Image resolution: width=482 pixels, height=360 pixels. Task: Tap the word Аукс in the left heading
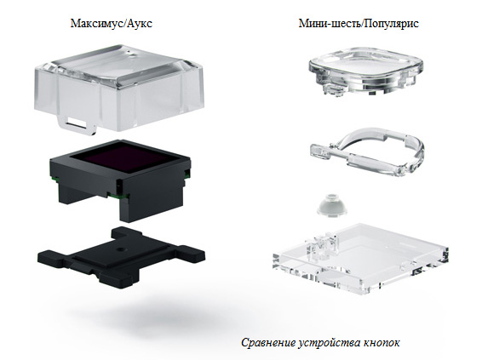(x=140, y=24)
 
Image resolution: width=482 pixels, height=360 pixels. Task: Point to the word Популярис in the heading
(x=391, y=24)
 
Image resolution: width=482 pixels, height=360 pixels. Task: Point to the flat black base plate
(x=121, y=255)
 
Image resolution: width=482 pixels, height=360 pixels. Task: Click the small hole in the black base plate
(x=121, y=249)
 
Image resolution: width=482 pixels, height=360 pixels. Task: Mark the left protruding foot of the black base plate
(x=51, y=257)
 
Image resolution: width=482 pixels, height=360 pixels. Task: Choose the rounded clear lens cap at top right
(x=366, y=71)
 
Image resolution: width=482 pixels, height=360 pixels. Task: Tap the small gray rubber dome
(x=332, y=204)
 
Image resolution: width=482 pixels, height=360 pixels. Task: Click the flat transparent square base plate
(x=360, y=259)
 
